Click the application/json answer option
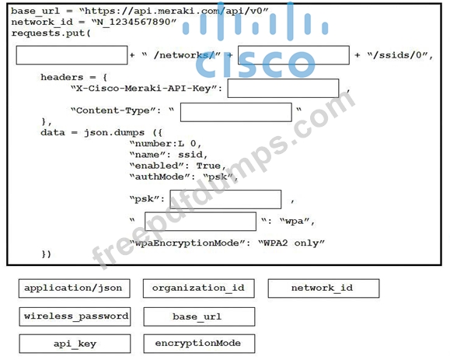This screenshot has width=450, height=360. (x=75, y=288)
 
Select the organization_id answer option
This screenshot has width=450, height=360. (x=199, y=288)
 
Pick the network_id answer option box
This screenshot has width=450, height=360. (x=323, y=288)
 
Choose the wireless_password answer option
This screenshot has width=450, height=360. (x=75, y=316)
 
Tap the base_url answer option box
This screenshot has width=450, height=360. (x=199, y=316)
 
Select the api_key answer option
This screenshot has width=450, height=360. (x=75, y=344)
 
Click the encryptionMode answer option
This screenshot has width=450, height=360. (x=199, y=344)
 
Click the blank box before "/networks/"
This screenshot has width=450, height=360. (x=72, y=55)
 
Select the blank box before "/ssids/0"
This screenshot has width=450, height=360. (x=294, y=55)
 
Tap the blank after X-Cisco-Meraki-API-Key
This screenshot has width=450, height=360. (x=283, y=88)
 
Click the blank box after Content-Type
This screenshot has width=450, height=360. (x=236, y=112)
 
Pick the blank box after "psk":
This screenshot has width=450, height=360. (x=225, y=199)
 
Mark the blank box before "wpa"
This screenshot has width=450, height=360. (x=201, y=222)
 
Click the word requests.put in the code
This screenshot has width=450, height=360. (x=48, y=33)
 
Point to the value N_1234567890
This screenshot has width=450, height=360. (x=134, y=22)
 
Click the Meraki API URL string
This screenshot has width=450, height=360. (x=174, y=11)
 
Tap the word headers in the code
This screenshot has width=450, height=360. (x=62, y=77)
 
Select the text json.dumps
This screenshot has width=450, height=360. (x=114, y=133)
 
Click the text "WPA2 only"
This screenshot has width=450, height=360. (x=291, y=243)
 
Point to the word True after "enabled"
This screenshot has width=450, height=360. (x=208, y=166)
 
